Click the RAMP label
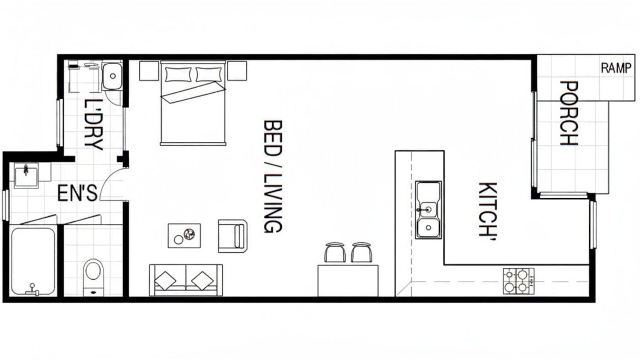coord(616,68)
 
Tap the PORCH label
coord(569,113)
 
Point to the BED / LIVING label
coord(273,177)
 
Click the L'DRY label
coord(93,125)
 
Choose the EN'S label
coord(77,193)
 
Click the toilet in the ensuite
coord(93,277)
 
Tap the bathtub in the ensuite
coord(33,261)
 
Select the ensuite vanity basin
coord(27,175)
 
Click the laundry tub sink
coord(112,76)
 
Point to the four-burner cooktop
coord(518,281)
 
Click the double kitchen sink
coord(428,210)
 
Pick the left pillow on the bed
coord(178,74)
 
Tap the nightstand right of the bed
coord(237,71)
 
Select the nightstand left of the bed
coord(149,71)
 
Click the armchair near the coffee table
coord(233,236)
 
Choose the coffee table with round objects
coord(184,236)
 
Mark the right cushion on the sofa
coord(202,281)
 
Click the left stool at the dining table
coord(335,252)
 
